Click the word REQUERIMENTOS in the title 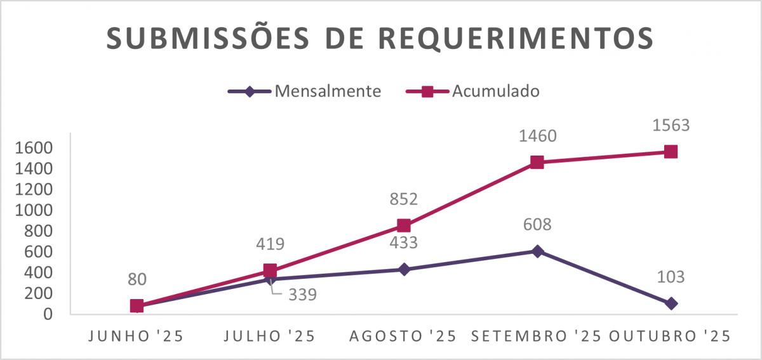(516, 39)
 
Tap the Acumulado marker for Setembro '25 (537, 162)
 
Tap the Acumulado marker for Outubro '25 (671, 152)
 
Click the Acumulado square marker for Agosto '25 (404, 225)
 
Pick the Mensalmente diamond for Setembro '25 (537, 251)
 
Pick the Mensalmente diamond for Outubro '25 (671, 303)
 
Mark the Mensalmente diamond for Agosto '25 (404, 269)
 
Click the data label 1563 (671, 125)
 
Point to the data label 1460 (537, 136)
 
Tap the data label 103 (671, 277)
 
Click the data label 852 (404, 199)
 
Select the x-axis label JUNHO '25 (136, 337)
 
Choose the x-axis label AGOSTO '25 (403, 337)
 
